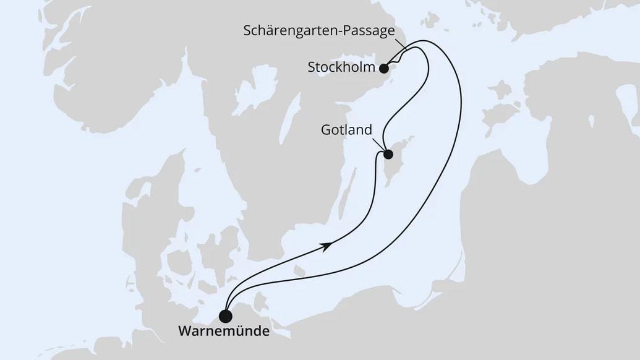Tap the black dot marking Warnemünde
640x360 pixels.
(x=226, y=317)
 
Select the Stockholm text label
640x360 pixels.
(x=342, y=67)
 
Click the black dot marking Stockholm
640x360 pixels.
(x=384, y=68)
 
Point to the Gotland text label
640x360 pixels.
(x=347, y=131)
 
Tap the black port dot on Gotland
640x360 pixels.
(x=388, y=155)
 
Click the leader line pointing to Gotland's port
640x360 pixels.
(x=380, y=144)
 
